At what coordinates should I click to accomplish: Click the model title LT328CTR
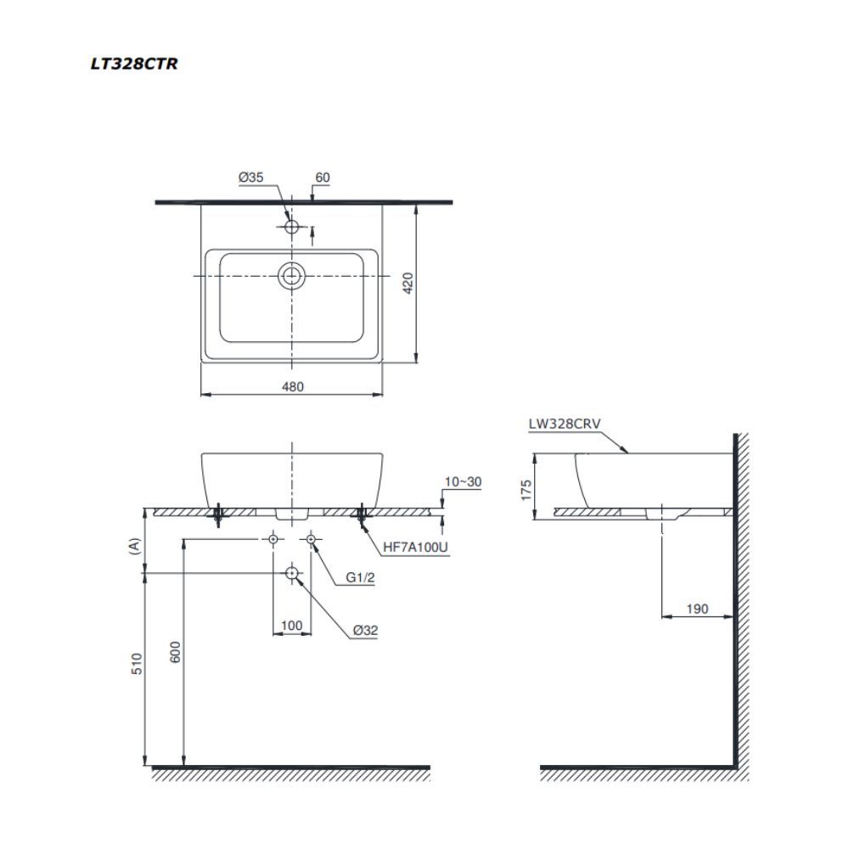[134, 64]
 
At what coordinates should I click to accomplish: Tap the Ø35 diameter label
[251, 177]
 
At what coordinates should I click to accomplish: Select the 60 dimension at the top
[322, 177]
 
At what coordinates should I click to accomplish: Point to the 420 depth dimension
[407, 282]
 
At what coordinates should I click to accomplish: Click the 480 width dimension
[292, 386]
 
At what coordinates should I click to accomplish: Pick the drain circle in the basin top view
[292, 276]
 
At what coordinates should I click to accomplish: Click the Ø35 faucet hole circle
[292, 228]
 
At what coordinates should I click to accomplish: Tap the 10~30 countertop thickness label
[463, 481]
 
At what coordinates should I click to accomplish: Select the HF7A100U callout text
[415, 548]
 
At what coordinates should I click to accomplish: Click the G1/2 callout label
[360, 579]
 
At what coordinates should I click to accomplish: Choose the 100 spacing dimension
[291, 626]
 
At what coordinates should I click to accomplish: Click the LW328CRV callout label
[565, 423]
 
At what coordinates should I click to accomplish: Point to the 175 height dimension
[526, 489]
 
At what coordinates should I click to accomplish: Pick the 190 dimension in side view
[696, 609]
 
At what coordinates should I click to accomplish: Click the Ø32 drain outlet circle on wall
[292, 574]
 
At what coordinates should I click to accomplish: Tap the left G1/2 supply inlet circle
[273, 539]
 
